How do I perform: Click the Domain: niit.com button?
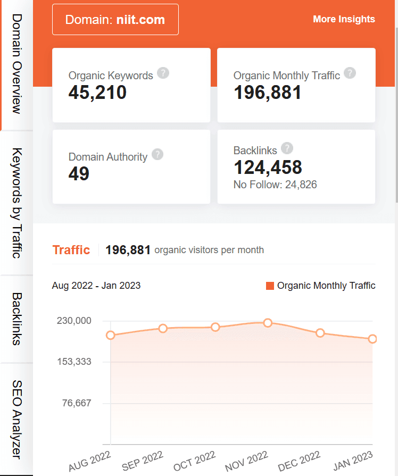pos(115,20)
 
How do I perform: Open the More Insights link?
pos(344,19)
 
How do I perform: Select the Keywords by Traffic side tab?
pos(16,203)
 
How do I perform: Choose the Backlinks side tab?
pos(16,319)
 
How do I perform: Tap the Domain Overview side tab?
pos(16,64)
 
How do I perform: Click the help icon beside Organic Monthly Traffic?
pos(350,73)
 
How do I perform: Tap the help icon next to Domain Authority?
pos(157,154)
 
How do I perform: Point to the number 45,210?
pos(97,93)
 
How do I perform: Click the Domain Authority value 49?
pos(79,174)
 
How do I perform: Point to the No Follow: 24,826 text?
pos(275,185)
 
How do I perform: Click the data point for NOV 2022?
pos(268,323)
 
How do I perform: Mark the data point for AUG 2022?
pos(111,335)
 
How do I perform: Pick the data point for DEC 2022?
pos(320,333)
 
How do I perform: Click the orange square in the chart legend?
pos(270,286)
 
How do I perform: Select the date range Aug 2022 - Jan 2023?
pos(96,286)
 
